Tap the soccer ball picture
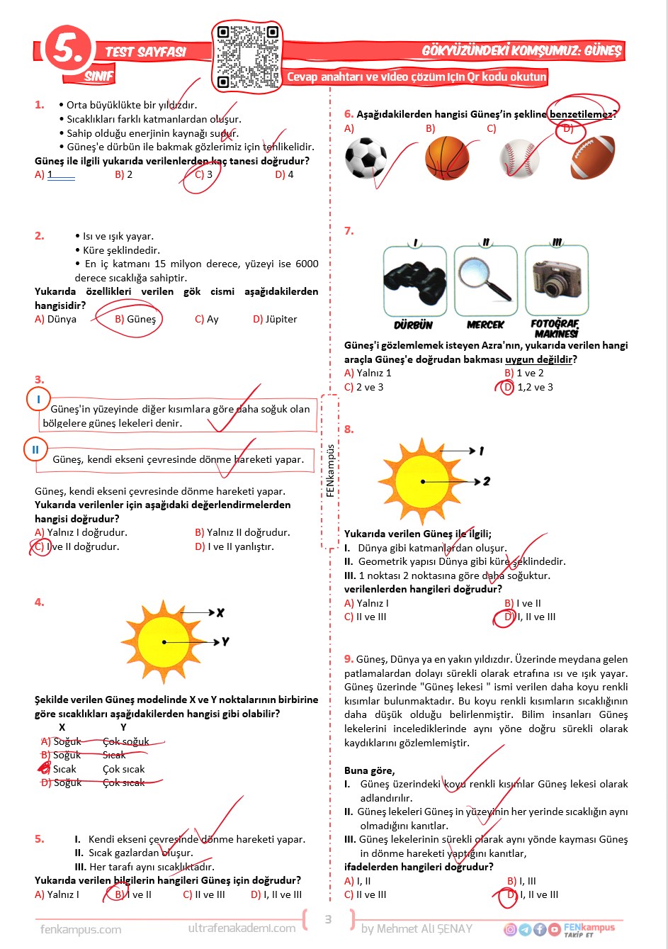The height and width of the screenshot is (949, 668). coord(366,158)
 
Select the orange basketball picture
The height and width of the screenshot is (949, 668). coord(447,158)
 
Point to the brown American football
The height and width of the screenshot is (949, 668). coord(592,157)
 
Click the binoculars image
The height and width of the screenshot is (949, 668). coord(414,281)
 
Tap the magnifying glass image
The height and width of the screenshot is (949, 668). coord(485,279)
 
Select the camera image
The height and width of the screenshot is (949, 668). coord(557,279)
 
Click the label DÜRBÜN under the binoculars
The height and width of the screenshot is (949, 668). coord(413,325)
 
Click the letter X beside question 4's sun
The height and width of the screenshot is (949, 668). coord(220,612)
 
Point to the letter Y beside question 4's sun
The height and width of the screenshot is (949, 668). coord(225,641)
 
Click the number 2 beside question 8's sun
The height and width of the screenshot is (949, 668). coord(487,481)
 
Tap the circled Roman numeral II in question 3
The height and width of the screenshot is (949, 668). coord(35,449)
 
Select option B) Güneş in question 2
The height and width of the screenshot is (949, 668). coord(135,320)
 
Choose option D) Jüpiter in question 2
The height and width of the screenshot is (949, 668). coord(275,320)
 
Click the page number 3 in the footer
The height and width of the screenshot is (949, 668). coord(328,919)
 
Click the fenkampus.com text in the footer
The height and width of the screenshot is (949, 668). coord(81,929)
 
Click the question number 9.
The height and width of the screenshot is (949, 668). coord(349,659)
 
